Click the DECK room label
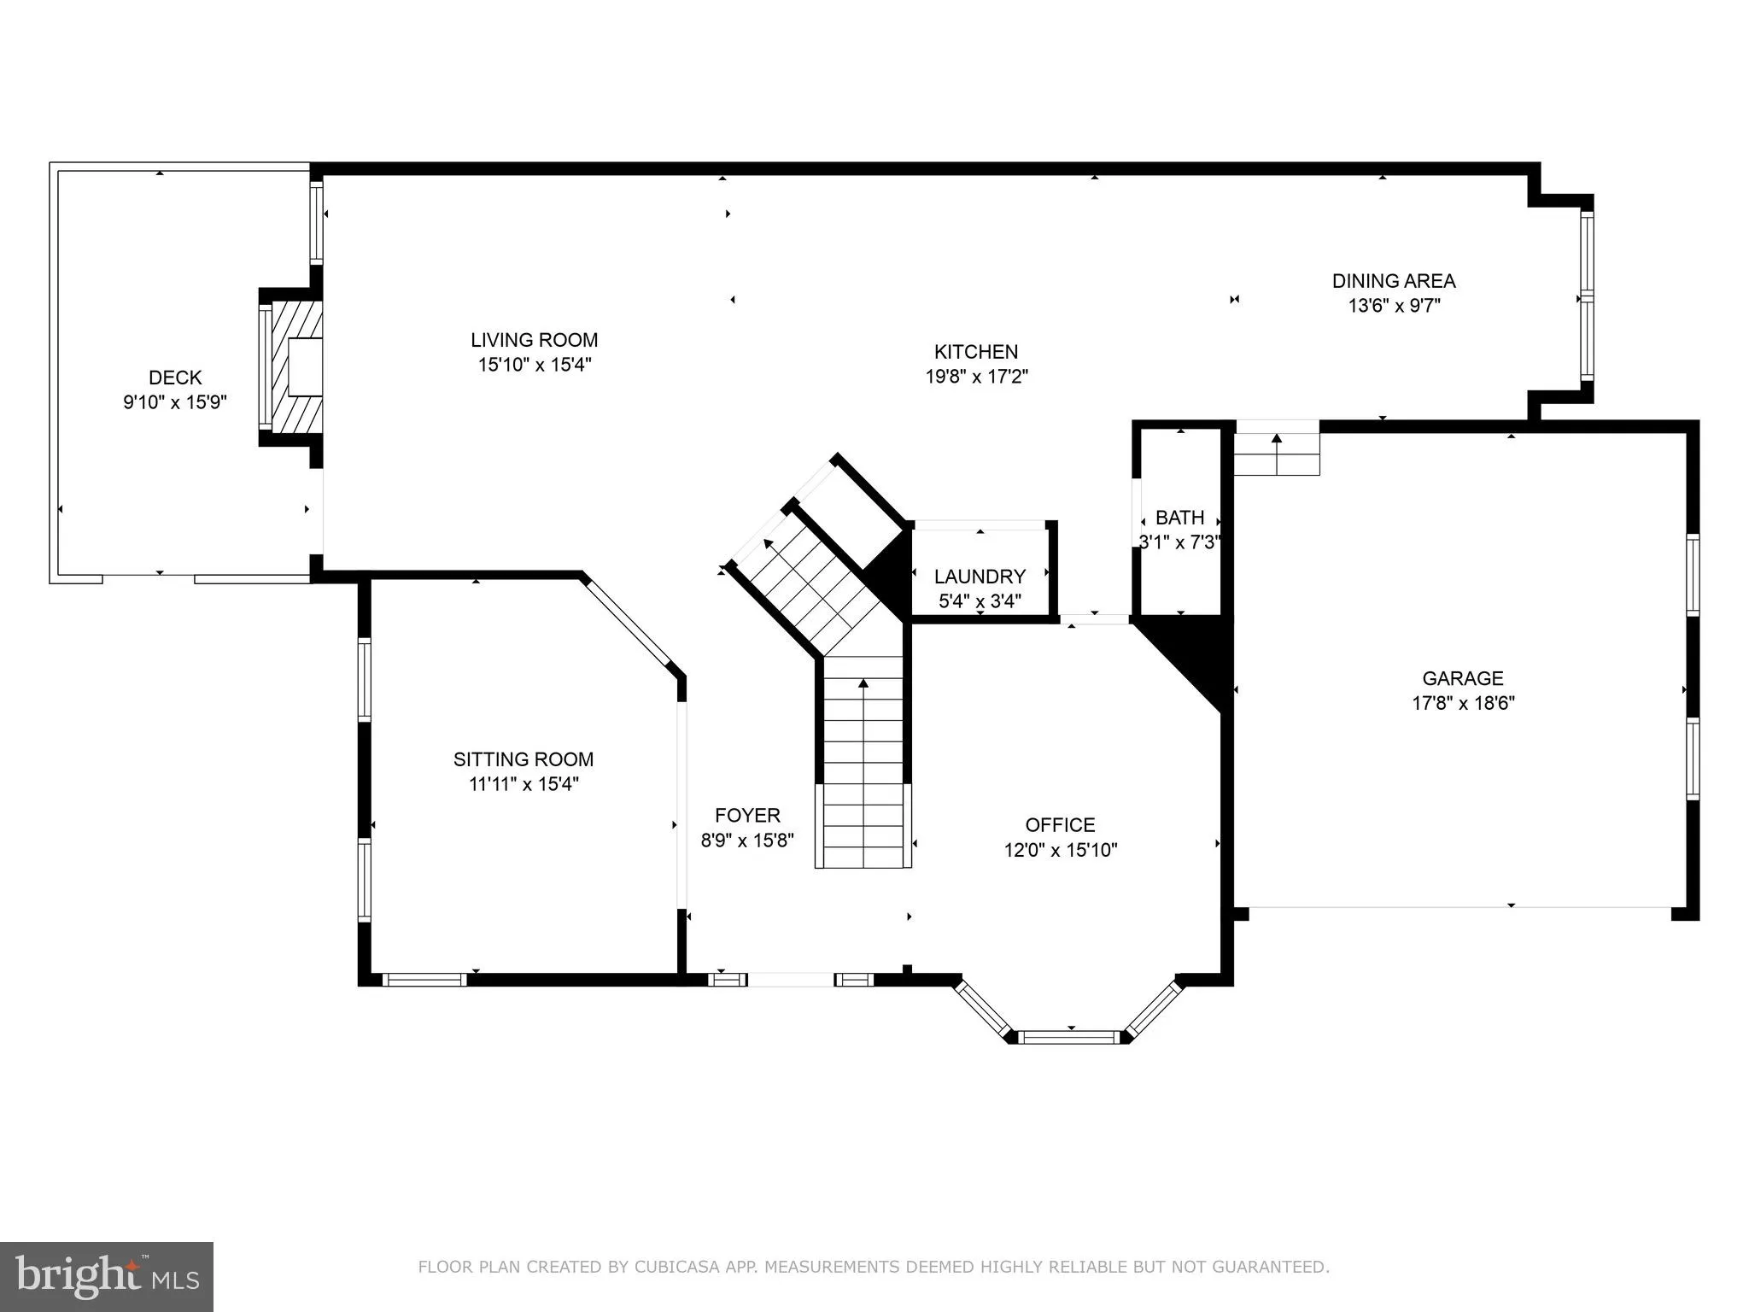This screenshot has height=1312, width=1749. tap(175, 378)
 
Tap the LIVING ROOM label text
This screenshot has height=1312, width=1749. tap(534, 340)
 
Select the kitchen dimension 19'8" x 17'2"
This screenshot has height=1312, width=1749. tap(976, 377)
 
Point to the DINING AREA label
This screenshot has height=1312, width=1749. tap(1393, 281)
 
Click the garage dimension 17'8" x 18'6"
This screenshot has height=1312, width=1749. tap(1463, 704)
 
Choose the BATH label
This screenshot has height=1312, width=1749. tap(1179, 518)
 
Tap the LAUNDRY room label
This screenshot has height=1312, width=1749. tap(979, 577)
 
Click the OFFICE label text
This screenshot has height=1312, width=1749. tap(1060, 825)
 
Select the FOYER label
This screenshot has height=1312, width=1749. tap(747, 816)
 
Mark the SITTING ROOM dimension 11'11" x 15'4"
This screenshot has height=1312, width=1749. tap(524, 784)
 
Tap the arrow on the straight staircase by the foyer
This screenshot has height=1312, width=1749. tap(863, 683)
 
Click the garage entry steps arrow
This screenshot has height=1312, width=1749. tap(1277, 439)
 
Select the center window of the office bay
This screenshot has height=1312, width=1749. tap(1069, 1037)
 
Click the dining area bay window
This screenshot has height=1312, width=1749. tap(1586, 296)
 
